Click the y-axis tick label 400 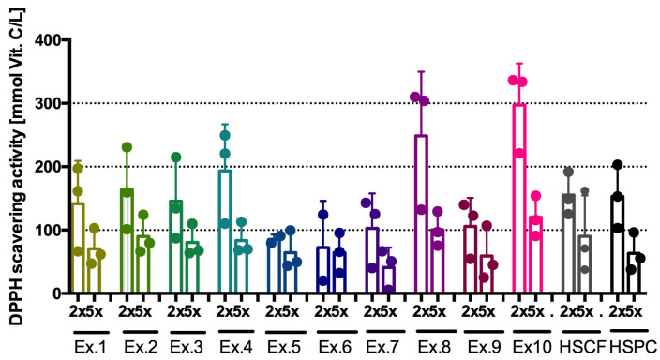pos(42,40)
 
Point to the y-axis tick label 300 pos(42,103)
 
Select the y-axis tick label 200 pos(42,167)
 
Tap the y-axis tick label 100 pos(42,230)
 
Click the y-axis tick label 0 pos(52,293)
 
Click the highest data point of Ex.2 pos(127,147)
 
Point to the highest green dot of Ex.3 pos(175,157)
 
